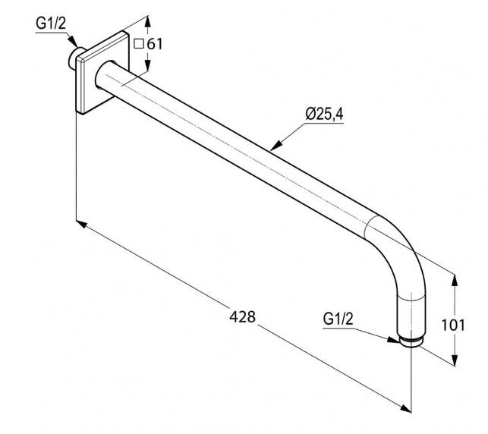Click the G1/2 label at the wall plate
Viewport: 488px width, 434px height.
click(51, 24)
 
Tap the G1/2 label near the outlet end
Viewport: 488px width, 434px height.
click(338, 319)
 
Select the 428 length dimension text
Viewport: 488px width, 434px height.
click(242, 316)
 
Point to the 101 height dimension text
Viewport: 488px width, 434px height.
click(453, 325)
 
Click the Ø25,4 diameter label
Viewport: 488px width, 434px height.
click(324, 114)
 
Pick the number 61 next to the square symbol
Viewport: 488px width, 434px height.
click(155, 44)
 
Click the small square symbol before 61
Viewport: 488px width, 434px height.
click(138, 44)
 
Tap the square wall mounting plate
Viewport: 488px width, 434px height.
click(102, 73)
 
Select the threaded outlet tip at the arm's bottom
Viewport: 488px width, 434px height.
click(410, 342)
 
